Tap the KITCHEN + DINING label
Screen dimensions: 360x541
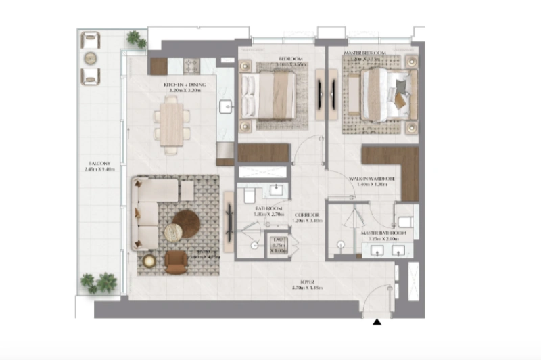click(x=180, y=85)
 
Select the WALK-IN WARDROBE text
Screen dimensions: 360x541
click(x=371, y=179)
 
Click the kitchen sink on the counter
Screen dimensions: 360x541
click(x=225, y=106)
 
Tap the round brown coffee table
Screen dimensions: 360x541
click(x=186, y=223)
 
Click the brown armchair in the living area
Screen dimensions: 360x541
click(x=177, y=262)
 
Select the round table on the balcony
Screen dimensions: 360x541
click(x=91, y=58)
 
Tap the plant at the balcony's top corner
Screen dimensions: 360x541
click(x=136, y=39)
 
